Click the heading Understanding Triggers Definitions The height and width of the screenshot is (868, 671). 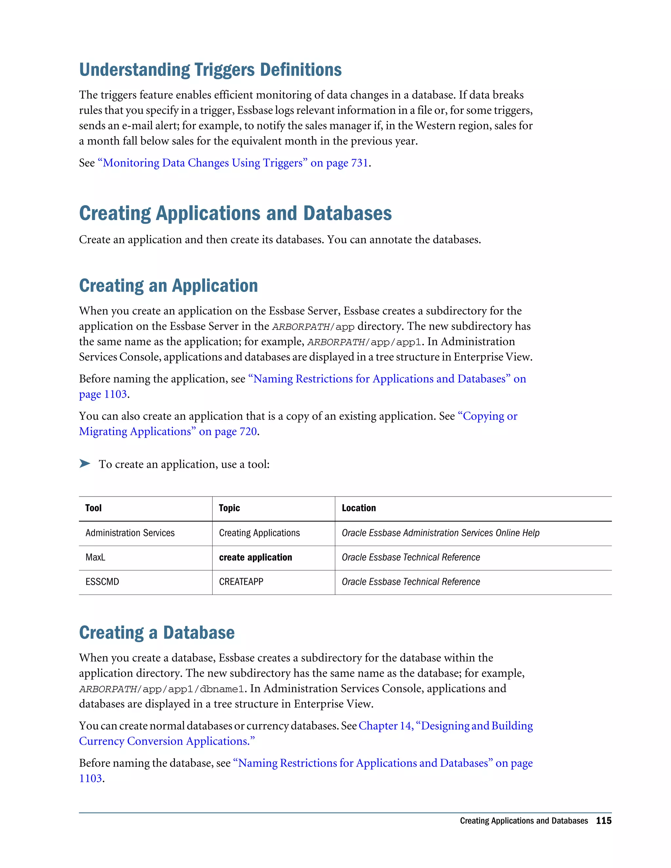tap(210, 70)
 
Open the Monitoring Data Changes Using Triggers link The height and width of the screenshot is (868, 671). tap(233, 163)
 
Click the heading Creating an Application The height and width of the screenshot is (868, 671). tap(168, 286)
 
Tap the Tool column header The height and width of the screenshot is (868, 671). tap(93, 508)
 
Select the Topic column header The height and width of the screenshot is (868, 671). tap(229, 508)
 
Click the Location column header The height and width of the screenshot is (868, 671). tap(358, 508)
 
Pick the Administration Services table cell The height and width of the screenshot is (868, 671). tap(130, 533)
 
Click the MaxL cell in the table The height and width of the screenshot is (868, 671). tap(95, 557)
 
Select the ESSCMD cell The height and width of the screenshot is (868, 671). tap(102, 582)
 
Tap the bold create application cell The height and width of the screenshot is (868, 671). tap(256, 557)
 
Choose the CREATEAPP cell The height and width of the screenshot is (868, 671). tap(241, 582)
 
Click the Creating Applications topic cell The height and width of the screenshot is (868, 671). tap(259, 533)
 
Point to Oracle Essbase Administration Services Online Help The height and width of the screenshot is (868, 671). tap(440, 533)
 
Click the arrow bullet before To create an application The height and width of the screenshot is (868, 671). tap(84, 463)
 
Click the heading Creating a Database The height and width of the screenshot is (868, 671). tap(157, 633)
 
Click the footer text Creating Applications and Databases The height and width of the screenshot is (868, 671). tap(524, 821)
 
